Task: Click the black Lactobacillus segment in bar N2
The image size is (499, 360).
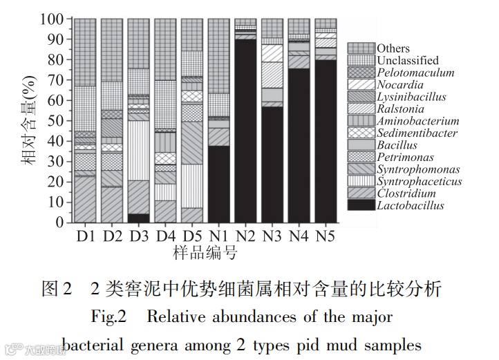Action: coord(245,131)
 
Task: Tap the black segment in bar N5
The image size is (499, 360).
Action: coord(326,142)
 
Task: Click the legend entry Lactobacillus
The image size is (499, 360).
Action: coord(411,205)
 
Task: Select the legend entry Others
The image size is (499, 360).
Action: coord(393,48)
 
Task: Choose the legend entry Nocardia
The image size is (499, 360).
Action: coord(398,85)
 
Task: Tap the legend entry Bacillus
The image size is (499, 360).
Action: coord(397,145)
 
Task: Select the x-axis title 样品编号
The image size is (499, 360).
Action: coord(205,254)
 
